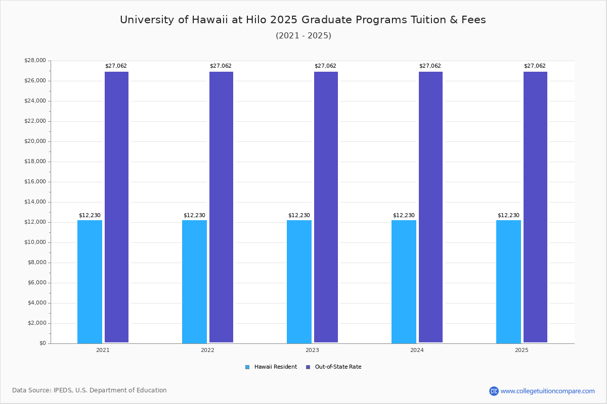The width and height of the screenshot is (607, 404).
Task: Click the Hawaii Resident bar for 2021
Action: tap(90, 281)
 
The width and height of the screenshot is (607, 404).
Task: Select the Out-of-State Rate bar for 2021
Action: tap(116, 207)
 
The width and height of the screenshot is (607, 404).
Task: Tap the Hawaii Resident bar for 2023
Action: tap(299, 281)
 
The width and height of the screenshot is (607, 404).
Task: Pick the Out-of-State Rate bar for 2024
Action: tap(430, 207)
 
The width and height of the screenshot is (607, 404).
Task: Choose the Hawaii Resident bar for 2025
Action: tap(508, 281)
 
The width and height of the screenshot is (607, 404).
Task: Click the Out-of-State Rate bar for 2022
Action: tap(221, 207)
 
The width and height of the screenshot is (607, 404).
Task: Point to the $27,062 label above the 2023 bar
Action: tap(325, 66)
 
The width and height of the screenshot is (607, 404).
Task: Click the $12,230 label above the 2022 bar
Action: tap(194, 216)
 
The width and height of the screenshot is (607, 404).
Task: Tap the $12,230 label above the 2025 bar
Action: tap(508, 216)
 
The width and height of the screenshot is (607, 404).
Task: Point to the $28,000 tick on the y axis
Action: tap(35, 61)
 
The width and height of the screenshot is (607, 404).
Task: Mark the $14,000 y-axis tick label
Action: tap(35, 202)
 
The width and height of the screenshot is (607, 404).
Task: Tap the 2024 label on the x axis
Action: tap(417, 350)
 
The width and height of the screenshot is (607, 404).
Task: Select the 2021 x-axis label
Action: tap(103, 350)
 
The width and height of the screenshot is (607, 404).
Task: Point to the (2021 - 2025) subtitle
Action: tap(303, 36)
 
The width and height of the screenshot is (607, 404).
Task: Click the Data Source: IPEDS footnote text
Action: tap(90, 390)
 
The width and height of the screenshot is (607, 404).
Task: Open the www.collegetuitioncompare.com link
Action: tap(547, 391)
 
